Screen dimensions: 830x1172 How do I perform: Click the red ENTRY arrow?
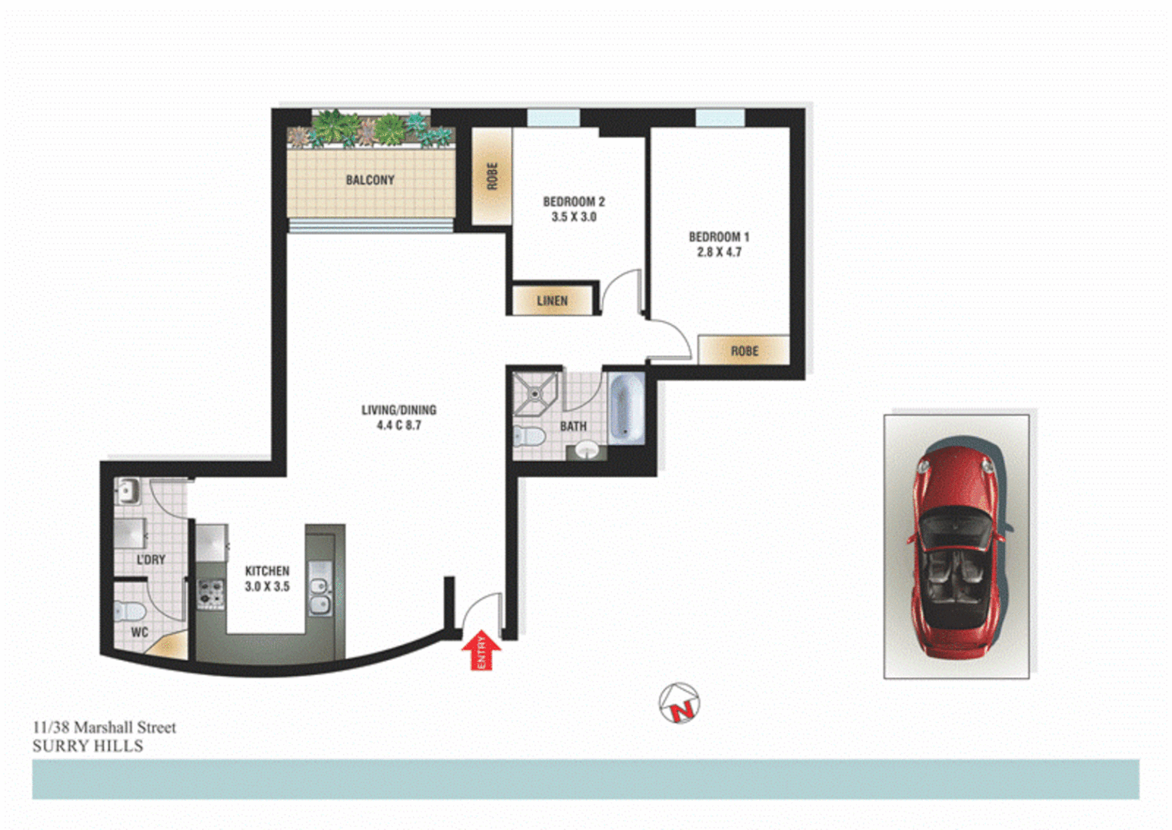click(x=481, y=650)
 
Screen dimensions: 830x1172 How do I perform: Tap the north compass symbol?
click(x=680, y=703)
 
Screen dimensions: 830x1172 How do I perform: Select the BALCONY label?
click(x=370, y=180)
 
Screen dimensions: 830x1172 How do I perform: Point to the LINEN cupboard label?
click(x=552, y=300)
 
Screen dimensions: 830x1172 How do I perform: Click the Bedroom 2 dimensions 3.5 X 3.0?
click(x=574, y=217)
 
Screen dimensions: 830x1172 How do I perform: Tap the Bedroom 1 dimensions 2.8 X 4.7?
click(x=719, y=252)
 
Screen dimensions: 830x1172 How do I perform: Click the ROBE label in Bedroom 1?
click(x=744, y=351)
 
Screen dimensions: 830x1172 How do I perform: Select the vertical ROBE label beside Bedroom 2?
click(x=492, y=176)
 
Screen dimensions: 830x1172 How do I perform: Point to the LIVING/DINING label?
click(x=398, y=410)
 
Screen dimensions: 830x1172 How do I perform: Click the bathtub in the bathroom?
click(x=625, y=408)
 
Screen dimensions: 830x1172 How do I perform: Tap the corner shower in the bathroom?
click(x=534, y=392)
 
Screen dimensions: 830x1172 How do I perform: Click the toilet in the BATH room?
click(x=529, y=437)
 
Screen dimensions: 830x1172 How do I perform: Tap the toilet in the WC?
click(x=130, y=612)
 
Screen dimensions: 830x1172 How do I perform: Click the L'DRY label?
click(x=151, y=559)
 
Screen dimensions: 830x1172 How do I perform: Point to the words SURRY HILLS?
click(x=88, y=746)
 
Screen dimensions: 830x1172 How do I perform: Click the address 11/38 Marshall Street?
click(x=105, y=727)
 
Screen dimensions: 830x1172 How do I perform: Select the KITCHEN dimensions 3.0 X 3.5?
click(x=267, y=586)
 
